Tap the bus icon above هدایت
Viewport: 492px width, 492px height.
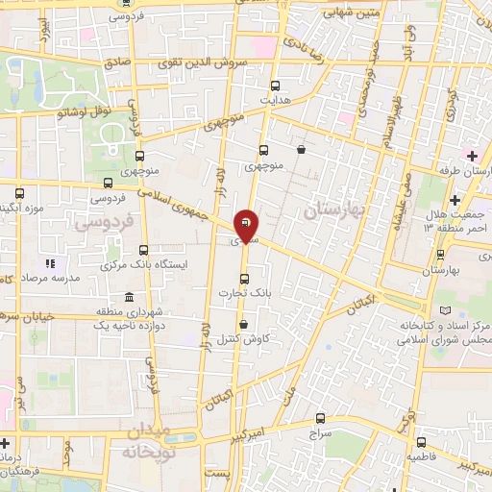coord(277,85)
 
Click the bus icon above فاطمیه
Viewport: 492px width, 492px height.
coord(419,442)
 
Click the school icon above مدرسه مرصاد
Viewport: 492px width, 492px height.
coord(49,262)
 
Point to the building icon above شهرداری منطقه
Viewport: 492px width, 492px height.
coord(103,312)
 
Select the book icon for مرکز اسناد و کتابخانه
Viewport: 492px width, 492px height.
coord(443,312)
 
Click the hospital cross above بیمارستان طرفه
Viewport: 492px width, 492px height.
coord(471,154)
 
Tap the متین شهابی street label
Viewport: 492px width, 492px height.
coord(325,12)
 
